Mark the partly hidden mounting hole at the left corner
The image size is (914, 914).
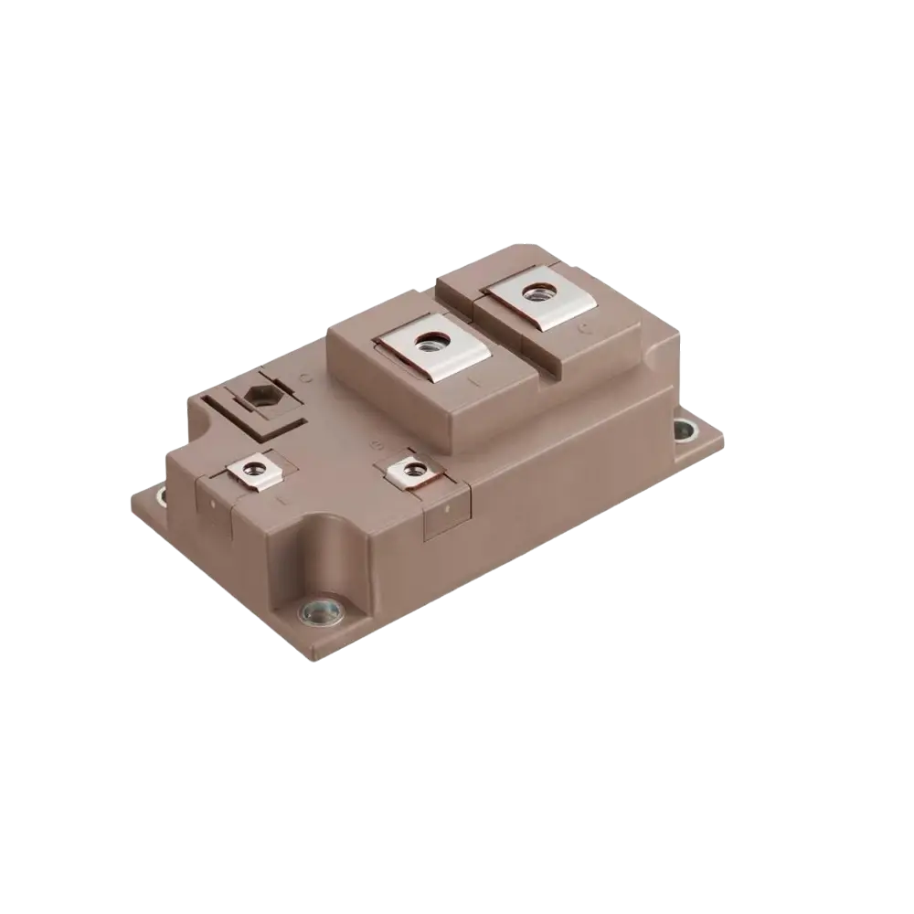163,498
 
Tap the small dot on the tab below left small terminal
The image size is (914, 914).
212,500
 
